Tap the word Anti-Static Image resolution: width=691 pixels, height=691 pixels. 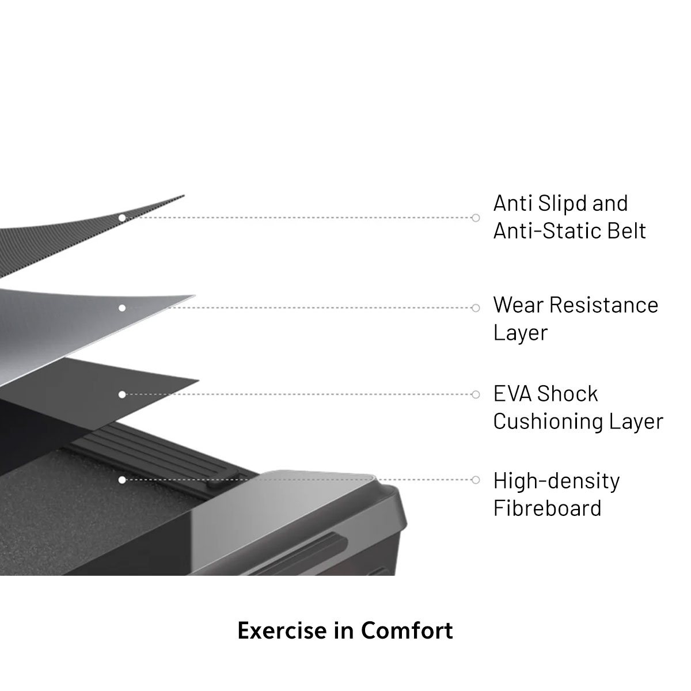point(538,231)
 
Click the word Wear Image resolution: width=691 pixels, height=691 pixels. point(518,305)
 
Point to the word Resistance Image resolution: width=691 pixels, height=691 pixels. point(604,305)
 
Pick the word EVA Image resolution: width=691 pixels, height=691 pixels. point(512,394)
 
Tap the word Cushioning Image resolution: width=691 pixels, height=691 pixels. point(540,422)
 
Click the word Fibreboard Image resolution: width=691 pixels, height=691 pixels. point(547,508)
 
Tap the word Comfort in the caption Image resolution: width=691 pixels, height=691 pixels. point(407,631)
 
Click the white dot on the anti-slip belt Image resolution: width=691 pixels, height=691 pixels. point(122,218)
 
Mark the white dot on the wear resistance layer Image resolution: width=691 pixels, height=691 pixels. point(122,308)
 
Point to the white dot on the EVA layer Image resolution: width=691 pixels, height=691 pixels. point(122,394)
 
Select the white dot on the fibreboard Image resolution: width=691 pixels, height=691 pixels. point(122,480)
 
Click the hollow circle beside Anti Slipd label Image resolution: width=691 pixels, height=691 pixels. point(476,218)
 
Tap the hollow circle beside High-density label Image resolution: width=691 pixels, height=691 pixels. point(476,480)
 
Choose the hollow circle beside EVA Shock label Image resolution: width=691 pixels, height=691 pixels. point(476,394)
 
